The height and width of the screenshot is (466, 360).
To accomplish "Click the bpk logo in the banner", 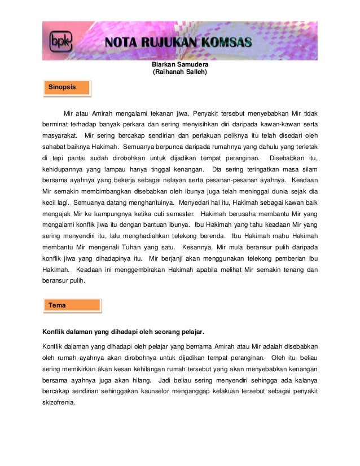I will (58, 41).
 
